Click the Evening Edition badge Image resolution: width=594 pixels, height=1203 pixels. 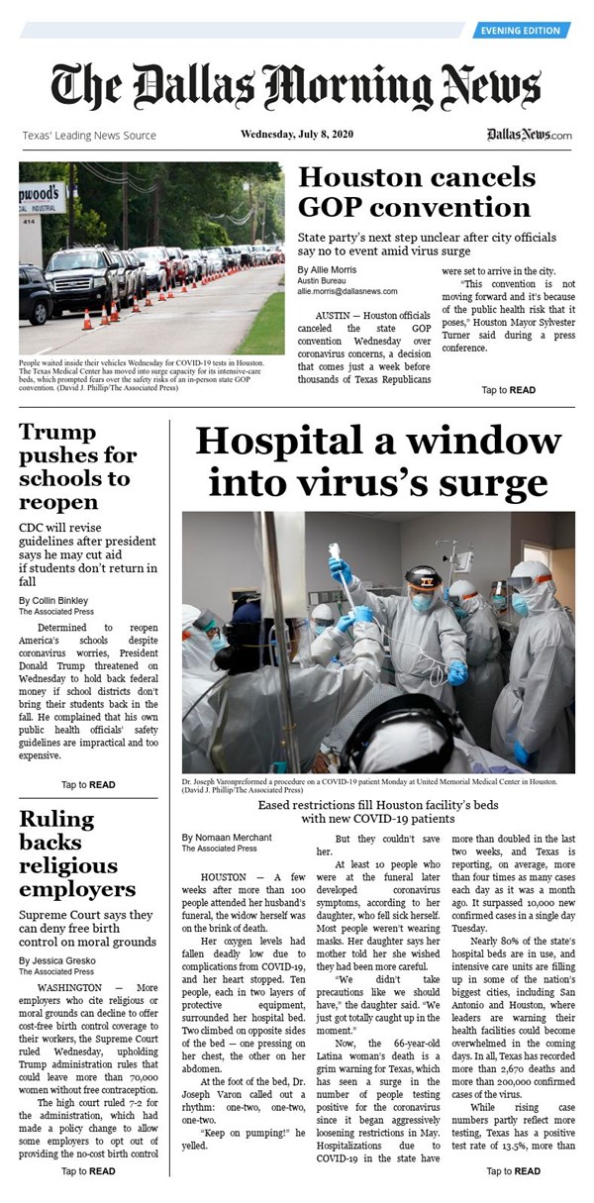point(521,31)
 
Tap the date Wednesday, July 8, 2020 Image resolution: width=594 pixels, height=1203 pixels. point(296,135)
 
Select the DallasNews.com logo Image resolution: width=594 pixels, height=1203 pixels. point(529,135)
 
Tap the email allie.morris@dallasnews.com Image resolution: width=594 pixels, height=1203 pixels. point(346,291)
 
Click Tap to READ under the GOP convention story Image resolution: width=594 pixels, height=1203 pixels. point(508,390)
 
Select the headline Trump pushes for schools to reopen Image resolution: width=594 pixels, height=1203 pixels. point(74,467)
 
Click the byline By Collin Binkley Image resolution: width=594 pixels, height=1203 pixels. point(54,601)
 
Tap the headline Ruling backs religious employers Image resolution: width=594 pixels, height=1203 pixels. point(77,853)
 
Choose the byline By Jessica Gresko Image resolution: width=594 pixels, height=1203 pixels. point(55,961)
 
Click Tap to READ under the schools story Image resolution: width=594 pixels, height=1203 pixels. point(88,785)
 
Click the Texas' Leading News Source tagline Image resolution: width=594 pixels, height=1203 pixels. point(89,136)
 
